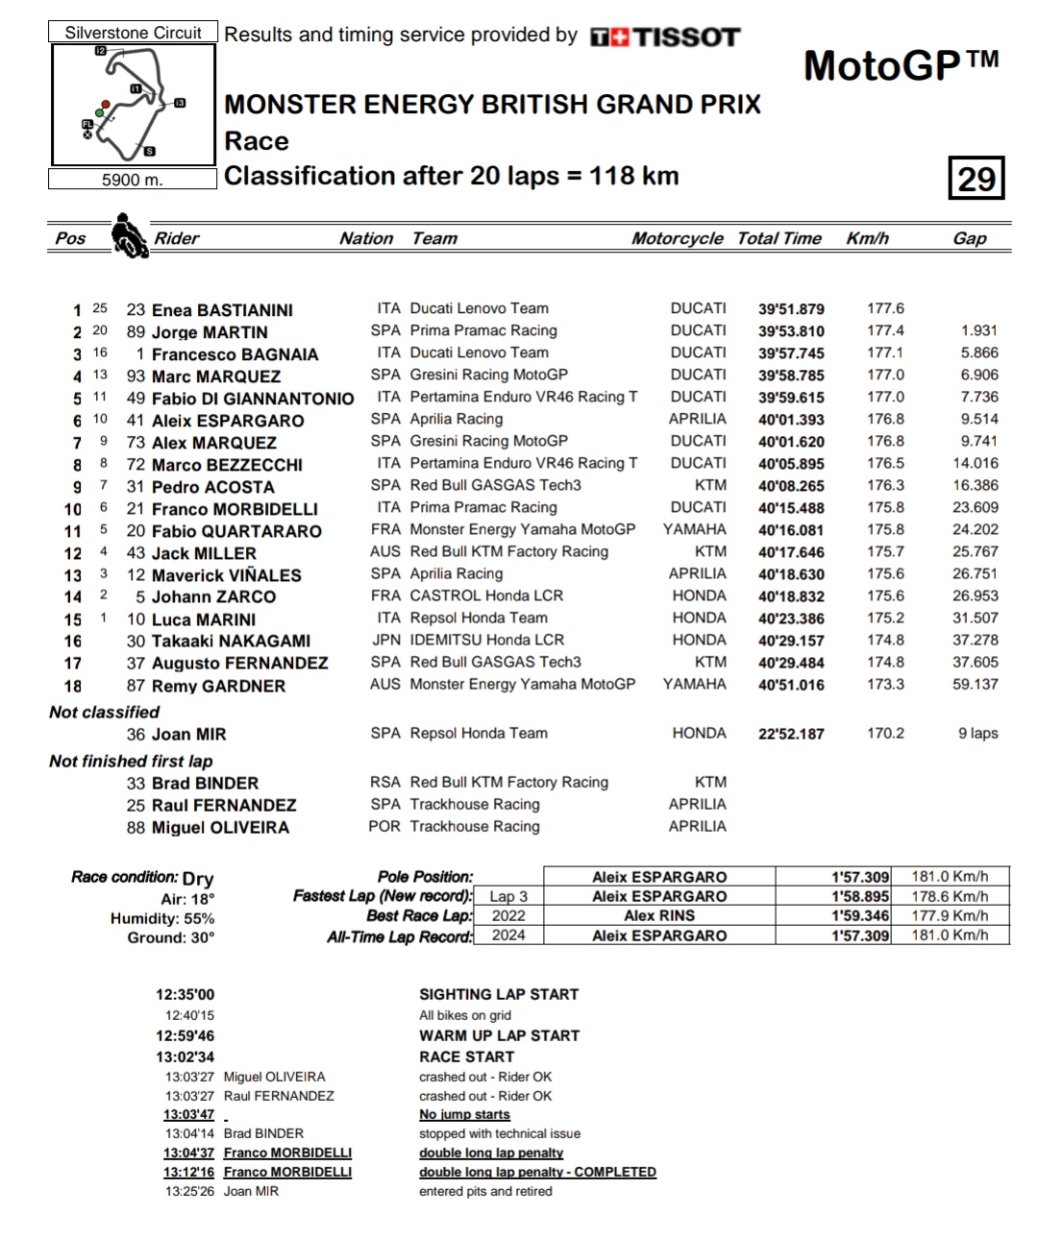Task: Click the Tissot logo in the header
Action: point(665,36)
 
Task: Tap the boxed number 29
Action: point(976,179)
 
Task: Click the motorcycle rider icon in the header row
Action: point(129,236)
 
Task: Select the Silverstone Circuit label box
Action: point(133,33)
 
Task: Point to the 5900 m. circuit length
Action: point(133,180)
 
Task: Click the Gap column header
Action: point(969,238)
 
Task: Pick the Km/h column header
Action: point(867,238)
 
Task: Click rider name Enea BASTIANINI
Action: point(222,310)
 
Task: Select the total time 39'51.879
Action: point(791,309)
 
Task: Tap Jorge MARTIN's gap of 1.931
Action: point(978,330)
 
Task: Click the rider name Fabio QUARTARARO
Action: point(236,531)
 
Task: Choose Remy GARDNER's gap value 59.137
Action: point(975,684)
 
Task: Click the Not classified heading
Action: point(105,712)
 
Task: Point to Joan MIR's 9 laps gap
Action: point(977,733)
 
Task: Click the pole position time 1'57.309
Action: point(860,877)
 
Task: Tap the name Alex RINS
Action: point(659,915)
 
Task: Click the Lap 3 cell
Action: point(508,896)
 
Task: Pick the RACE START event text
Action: point(467,1057)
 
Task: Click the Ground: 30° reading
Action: point(171,937)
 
